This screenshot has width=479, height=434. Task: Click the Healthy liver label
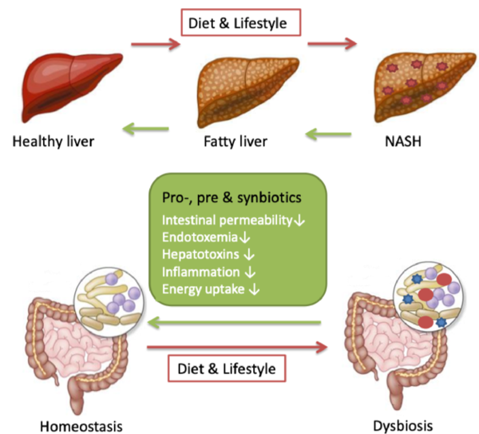53,141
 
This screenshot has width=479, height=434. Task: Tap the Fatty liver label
236,141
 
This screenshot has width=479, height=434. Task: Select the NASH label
403,141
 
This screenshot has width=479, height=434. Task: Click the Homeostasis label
81,426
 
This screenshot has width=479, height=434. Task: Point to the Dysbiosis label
403,426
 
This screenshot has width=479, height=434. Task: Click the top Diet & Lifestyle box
241,22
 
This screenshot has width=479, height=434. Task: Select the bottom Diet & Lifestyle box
227,368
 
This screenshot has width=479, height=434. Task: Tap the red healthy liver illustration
71,87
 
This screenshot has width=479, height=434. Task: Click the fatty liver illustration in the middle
247,92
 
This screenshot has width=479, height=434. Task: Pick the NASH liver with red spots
425,87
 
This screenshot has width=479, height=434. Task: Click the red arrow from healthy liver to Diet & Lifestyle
156,44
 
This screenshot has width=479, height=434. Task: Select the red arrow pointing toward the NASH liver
332,44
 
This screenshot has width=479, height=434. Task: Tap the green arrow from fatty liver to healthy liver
146,129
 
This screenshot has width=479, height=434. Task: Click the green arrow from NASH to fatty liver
328,134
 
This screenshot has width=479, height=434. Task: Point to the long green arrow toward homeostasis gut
234,322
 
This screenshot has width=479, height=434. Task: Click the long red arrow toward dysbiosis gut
237,348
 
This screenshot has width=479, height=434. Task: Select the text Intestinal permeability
227,221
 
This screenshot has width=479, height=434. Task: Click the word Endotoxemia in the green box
200,237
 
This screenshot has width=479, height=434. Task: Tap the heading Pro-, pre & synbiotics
232,198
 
